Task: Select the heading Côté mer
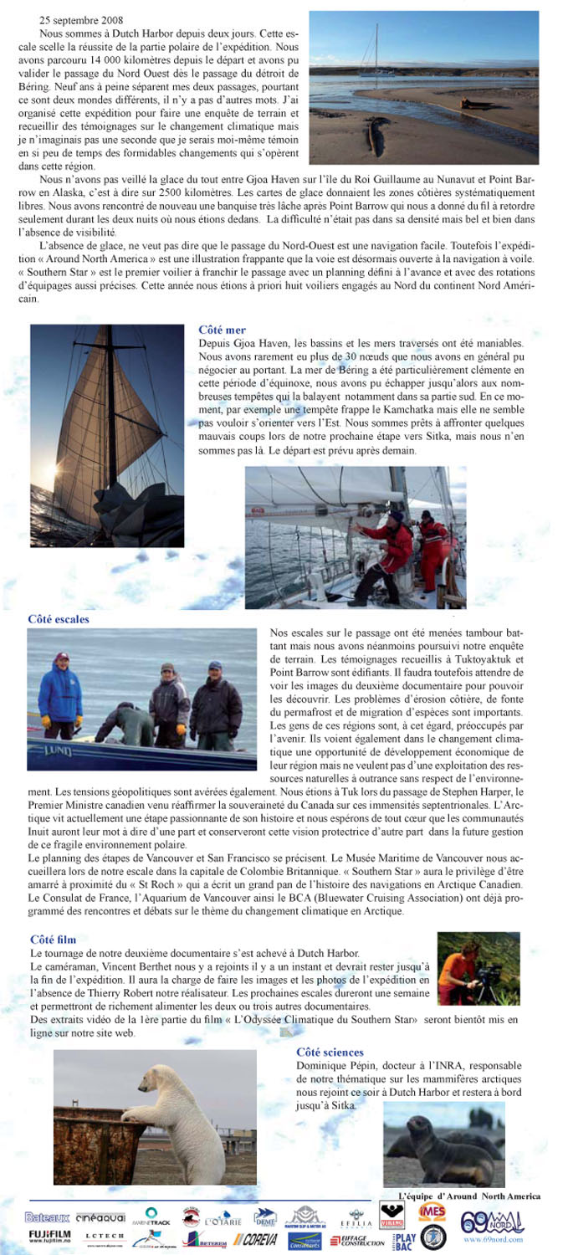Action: [x=222, y=330]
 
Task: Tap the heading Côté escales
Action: [x=59, y=619]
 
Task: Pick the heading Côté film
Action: [x=53, y=940]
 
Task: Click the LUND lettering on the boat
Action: [x=59, y=752]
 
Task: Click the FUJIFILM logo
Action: [x=49, y=1235]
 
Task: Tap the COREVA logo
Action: [x=255, y=1239]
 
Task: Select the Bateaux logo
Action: [x=47, y=1217]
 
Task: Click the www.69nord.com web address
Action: [x=493, y=1240]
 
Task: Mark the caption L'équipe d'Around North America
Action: [x=468, y=1196]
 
